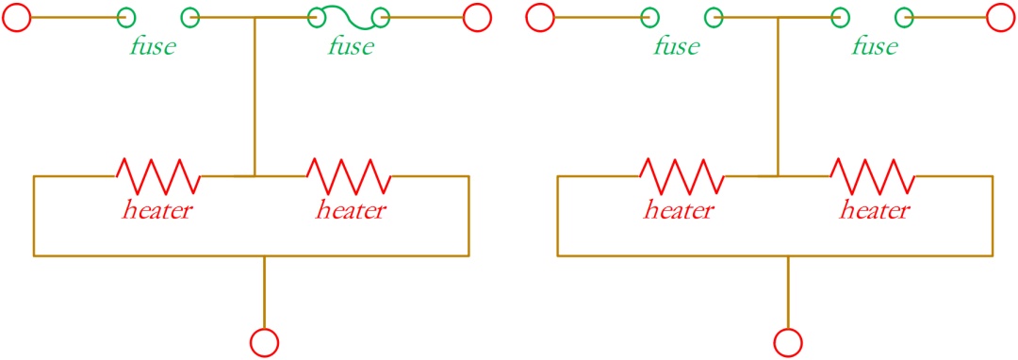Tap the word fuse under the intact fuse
click(x=351, y=47)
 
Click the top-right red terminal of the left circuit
click(x=477, y=17)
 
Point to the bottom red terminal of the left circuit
click(x=264, y=341)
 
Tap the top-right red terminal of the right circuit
click(x=1000, y=17)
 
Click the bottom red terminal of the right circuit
click(x=788, y=341)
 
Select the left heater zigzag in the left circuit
click(x=157, y=176)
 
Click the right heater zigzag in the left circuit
click(x=349, y=176)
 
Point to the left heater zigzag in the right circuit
click(x=681, y=176)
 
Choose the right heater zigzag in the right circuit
click(x=873, y=176)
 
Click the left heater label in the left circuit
click(x=156, y=210)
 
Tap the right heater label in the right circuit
click(x=875, y=210)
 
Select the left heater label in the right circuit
click(x=680, y=210)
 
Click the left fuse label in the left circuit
click(x=153, y=47)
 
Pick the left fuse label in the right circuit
click(x=677, y=47)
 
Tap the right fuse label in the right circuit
click(x=875, y=47)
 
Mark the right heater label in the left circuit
click(x=351, y=210)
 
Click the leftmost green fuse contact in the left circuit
click(x=126, y=17)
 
